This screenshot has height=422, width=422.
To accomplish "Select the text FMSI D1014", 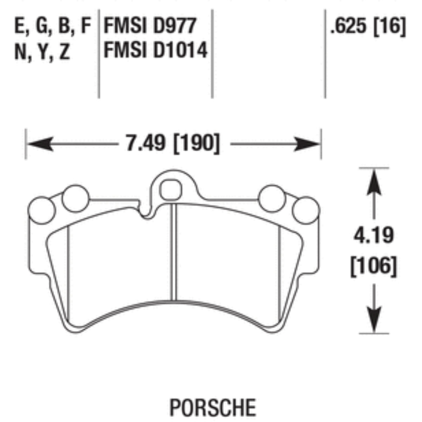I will click(155, 52).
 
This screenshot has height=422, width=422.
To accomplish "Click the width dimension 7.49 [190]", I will click(173, 144).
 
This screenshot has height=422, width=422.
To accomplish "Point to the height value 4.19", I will click(373, 236).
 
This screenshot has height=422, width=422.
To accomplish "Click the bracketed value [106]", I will click(373, 266).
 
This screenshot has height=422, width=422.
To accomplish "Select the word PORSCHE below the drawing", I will click(213, 407).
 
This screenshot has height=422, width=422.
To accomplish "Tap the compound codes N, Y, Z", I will click(42, 52).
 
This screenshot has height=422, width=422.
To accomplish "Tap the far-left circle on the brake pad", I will click(42, 210).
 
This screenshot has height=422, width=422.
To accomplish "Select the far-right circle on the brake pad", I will click(305, 210).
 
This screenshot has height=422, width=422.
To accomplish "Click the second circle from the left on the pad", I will click(75, 198).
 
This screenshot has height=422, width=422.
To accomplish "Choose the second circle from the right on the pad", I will click(272, 198).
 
